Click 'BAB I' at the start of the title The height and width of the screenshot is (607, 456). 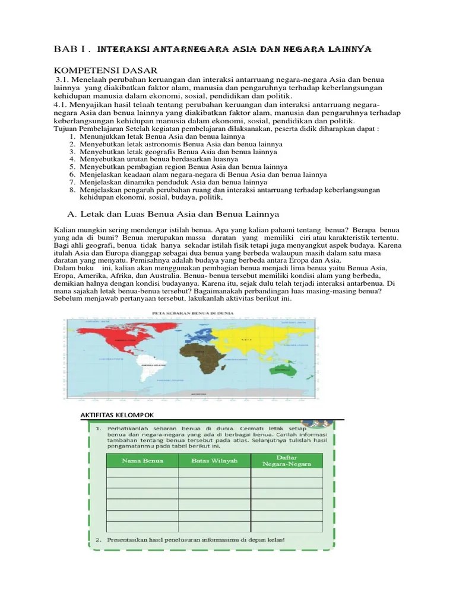(x=67, y=50)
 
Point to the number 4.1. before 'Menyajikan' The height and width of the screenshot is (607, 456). (x=61, y=104)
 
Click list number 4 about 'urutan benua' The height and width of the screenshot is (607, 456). (x=72, y=159)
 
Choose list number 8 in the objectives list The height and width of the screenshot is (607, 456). (x=72, y=190)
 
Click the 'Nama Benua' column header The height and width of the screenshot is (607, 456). (x=142, y=460)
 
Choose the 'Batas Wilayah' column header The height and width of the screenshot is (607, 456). (x=214, y=460)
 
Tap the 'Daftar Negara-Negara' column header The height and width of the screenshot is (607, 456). (x=287, y=460)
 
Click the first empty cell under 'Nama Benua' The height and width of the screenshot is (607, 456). (x=142, y=472)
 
